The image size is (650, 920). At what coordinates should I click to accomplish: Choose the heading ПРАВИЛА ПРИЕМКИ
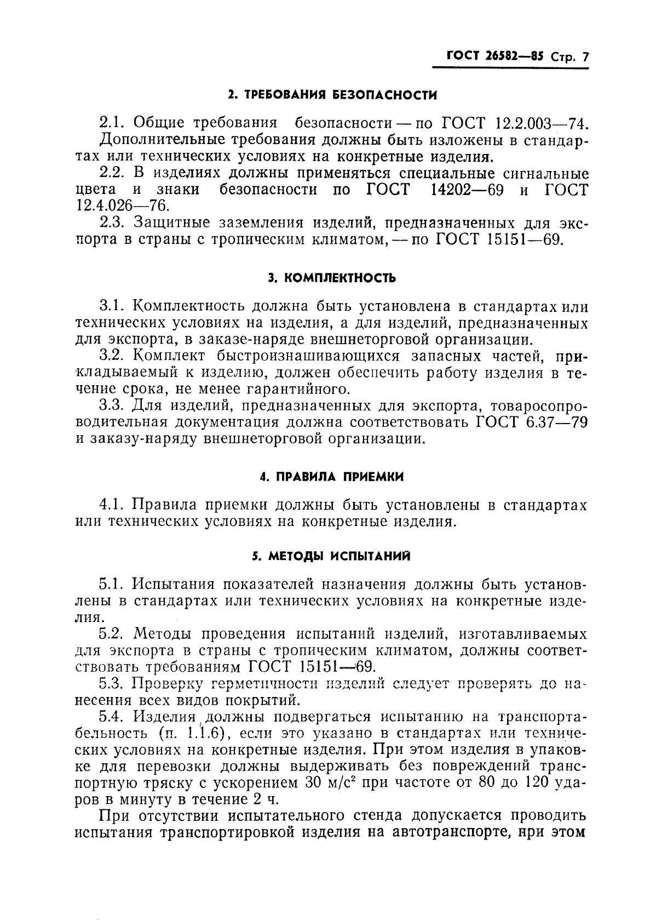click(332, 477)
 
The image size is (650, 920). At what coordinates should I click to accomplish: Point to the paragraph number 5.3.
click(113, 684)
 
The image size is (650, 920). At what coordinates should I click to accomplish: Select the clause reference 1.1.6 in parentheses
click(196, 734)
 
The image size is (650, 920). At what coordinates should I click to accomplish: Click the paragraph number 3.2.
click(113, 356)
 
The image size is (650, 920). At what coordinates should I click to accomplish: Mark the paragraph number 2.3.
click(113, 223)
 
